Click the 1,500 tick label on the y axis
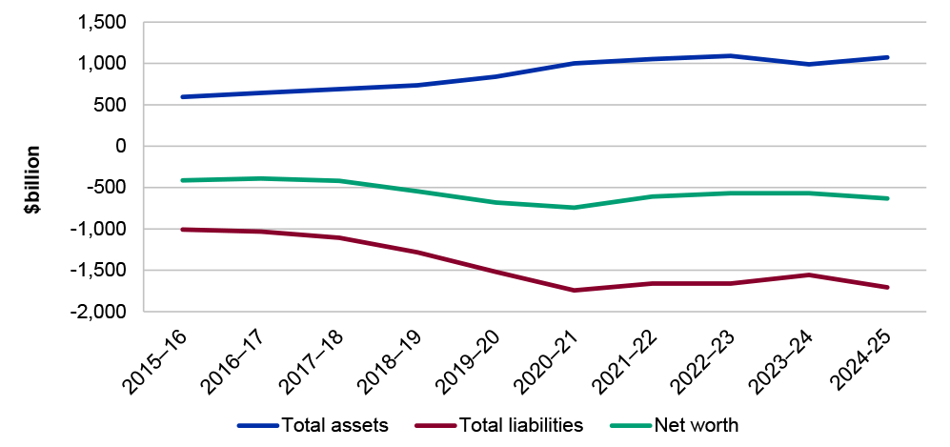tap(106, 22)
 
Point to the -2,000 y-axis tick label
tap(102, 312)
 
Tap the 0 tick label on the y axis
tap(121, 146)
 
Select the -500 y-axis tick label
tap(110, 188)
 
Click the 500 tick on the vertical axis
tap(113, 105)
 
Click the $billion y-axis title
tap(32, 179)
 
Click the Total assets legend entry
tap(334, 425)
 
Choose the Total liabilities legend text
tap(520, 425)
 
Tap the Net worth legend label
tap(696, 425)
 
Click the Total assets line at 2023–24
tap(809, 64)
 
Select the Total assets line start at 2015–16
tap(182, 96)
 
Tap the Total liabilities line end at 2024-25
tap(888, 287)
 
